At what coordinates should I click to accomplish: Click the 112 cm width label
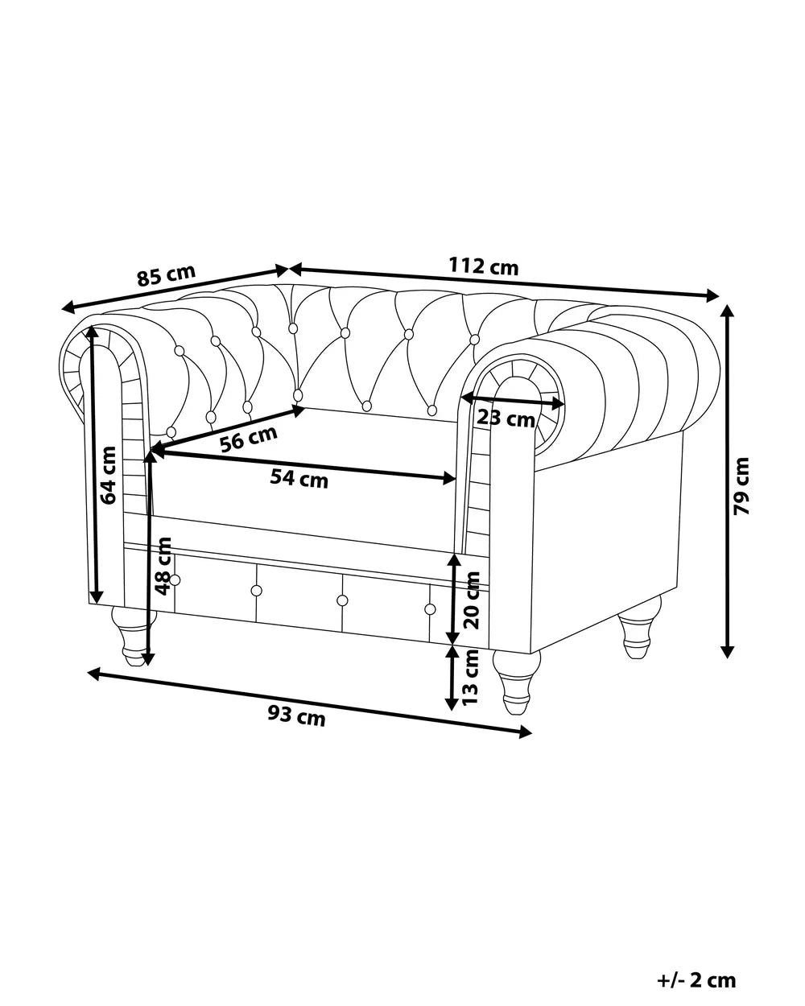click(x=484, y=267)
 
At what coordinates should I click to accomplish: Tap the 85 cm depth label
click(x=166, y=275)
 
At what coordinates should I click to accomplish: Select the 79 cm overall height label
click(x=741, y=486)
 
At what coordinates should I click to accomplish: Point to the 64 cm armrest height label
click(x=109, y=476)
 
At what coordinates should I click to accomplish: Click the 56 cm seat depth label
click(x=249, y=439)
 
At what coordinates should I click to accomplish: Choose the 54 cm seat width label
click(x=299, y=479)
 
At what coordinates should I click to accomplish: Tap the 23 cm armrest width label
click(x=506, y=418)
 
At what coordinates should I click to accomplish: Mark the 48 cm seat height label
click(x=163, y=567)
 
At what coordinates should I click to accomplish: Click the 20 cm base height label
click(x=472, y=600)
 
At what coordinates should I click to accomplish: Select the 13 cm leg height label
click(x=470, y=678)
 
